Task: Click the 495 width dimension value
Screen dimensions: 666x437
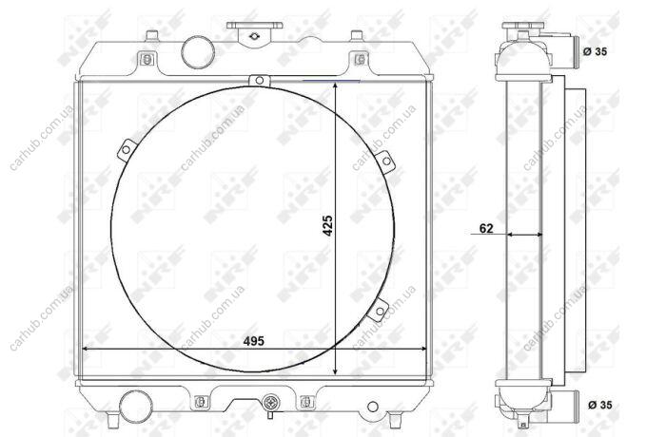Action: point(254,341)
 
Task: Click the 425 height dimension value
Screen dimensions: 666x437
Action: point(327,225)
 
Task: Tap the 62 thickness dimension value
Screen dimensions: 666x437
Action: point(486,229)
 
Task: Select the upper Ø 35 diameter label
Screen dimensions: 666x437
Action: point(595,51)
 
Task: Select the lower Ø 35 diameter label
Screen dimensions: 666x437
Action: point(600,405)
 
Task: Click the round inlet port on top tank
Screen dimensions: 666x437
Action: point(198,52)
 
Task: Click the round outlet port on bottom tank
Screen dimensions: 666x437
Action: point(136,406)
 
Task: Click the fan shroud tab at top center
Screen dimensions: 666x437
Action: point(259,80)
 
